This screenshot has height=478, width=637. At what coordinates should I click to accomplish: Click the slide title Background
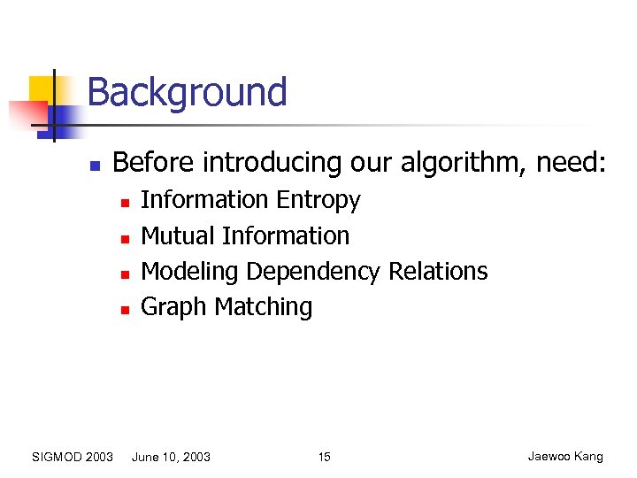coord(187,93)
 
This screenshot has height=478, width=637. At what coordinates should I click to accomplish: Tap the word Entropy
coord(318,201)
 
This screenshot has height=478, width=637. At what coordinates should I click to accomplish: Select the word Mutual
coord(178,236)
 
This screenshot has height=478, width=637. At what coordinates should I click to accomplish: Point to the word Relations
coord(436,271)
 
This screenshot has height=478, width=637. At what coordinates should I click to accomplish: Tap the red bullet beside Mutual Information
coord(125,238)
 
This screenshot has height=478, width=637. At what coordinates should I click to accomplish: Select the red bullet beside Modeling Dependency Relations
coord(125,274)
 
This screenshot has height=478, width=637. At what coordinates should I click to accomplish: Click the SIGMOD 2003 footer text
coord(72,457)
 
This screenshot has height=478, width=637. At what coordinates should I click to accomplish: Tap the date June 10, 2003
coord(171,457)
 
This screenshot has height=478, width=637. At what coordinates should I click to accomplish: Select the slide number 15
coord(324,457)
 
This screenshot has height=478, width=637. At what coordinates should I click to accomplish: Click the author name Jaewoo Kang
coord(565,457)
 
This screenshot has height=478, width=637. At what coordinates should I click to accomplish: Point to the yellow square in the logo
coord(42,89)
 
